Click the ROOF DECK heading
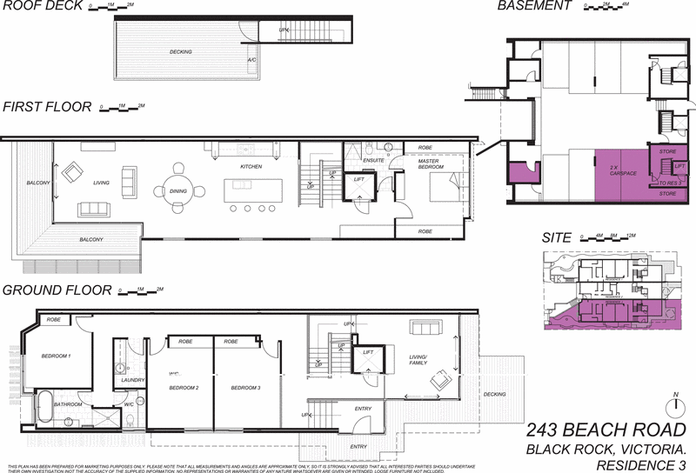click(42, 7)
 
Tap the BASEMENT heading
click(533, 7)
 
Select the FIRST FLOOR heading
click(46, 107)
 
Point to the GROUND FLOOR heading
click(57, 291)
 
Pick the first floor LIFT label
click(358, 181)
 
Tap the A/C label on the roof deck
click(251, 60)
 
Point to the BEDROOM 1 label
click(57, 356)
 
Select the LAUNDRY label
click(132, 380)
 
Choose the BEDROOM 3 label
click(246, 387)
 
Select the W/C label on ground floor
click(127, 404)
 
